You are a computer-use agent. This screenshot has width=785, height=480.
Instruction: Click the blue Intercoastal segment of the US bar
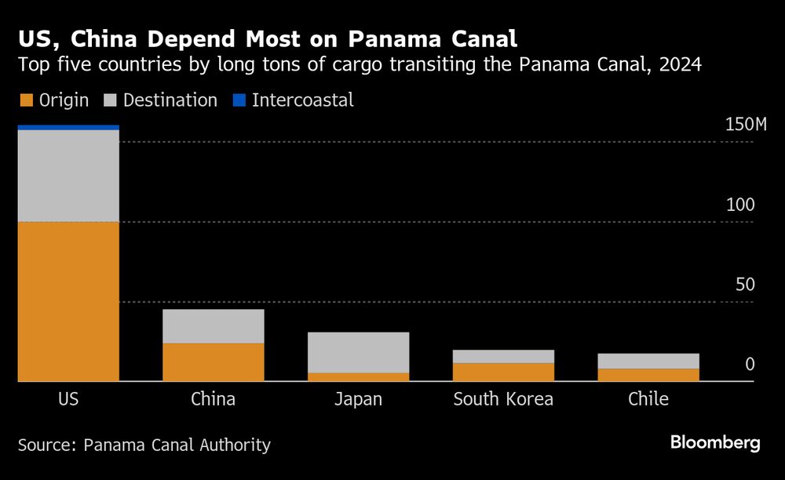point(68,127)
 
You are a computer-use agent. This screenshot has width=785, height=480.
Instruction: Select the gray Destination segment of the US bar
point(68,176)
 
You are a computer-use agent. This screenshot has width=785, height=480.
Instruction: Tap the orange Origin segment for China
point(213,362)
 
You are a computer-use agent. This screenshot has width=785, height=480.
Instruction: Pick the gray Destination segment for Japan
point(358,352)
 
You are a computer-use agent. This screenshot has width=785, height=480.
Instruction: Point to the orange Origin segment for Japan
point(358,377)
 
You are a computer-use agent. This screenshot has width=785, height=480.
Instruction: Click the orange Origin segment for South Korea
point(503,373)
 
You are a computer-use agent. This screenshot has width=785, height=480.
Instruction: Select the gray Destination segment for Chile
point(648,361)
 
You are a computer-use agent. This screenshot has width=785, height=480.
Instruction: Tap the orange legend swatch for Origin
point(25,100)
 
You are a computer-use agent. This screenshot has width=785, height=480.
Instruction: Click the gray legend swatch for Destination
point(110,100)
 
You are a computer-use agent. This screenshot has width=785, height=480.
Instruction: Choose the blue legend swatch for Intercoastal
point(239,100)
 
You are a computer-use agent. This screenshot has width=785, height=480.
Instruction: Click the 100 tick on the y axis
point(739,205)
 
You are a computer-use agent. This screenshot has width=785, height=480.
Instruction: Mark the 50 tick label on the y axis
point(744,285)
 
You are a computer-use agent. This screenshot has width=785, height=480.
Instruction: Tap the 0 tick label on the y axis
point(750,365)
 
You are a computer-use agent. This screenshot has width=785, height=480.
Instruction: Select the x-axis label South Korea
point(503,399)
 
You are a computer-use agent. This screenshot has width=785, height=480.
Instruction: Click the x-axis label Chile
point(648,399)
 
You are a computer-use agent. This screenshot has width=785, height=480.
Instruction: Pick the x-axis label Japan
point(358,399)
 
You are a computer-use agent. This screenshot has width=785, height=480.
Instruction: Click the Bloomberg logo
point(715,443)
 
